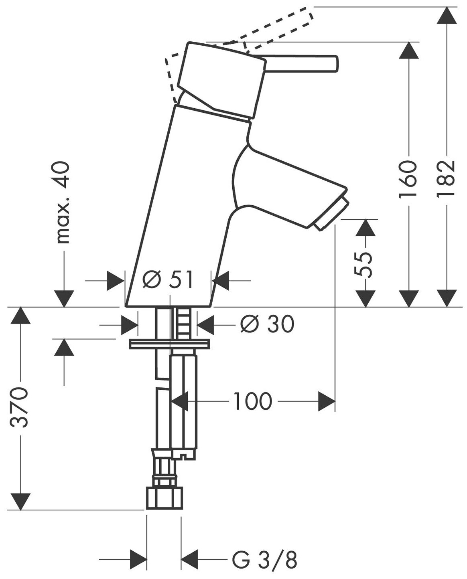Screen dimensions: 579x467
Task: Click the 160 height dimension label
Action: click(408, 179)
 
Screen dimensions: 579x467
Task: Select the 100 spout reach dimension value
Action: click(252, 401)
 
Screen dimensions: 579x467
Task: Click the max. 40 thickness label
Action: click(63, 203)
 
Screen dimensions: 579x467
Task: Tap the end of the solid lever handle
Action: click(335, 64)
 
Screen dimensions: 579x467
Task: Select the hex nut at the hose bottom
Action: click(164, 498)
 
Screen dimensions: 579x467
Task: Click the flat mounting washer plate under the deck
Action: click(169, 344)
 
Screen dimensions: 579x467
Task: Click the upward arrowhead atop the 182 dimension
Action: click(447, 16)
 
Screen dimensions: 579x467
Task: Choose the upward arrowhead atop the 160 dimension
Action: click(408, 50)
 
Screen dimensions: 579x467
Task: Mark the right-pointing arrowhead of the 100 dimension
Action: click(327, 401)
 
